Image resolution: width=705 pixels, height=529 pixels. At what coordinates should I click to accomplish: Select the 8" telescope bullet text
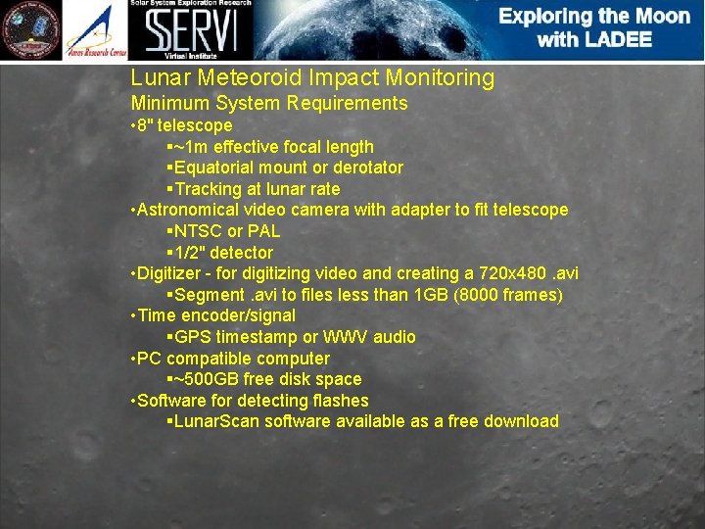[x=186, y=125]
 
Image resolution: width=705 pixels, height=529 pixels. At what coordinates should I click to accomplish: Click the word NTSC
[x=198, y=231]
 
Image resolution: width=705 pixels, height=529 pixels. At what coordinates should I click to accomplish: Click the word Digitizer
[x=173, y=273]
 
